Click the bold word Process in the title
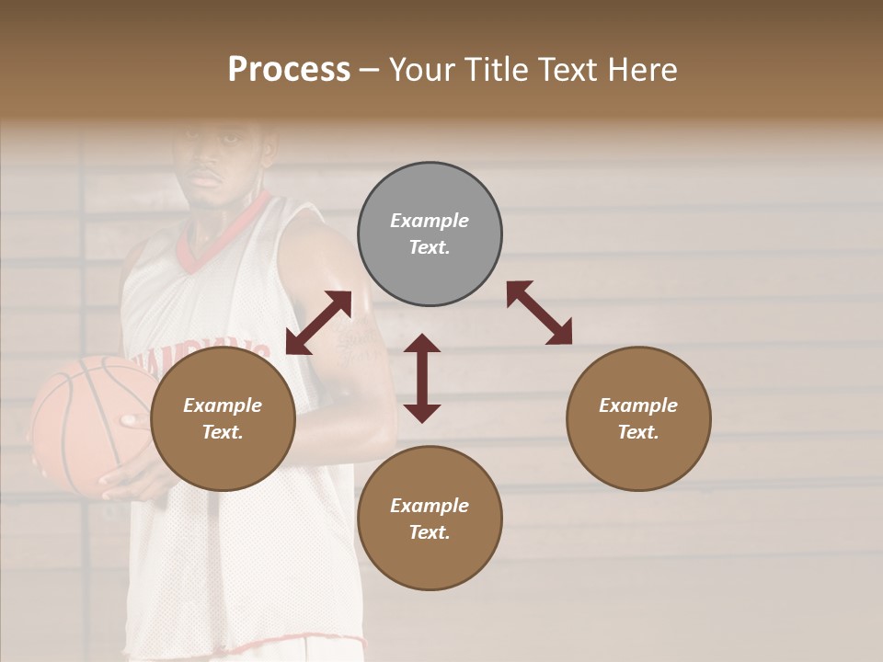click(289, 70)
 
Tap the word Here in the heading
click(642, 70)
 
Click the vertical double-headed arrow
click(422, 378)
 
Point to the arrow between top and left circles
click(318, 323)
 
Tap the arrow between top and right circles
click(539, 313)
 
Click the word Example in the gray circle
click(430, 221)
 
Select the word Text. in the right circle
click(638, 432)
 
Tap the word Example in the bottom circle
click(430, 505)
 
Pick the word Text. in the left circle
click(223, 432)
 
